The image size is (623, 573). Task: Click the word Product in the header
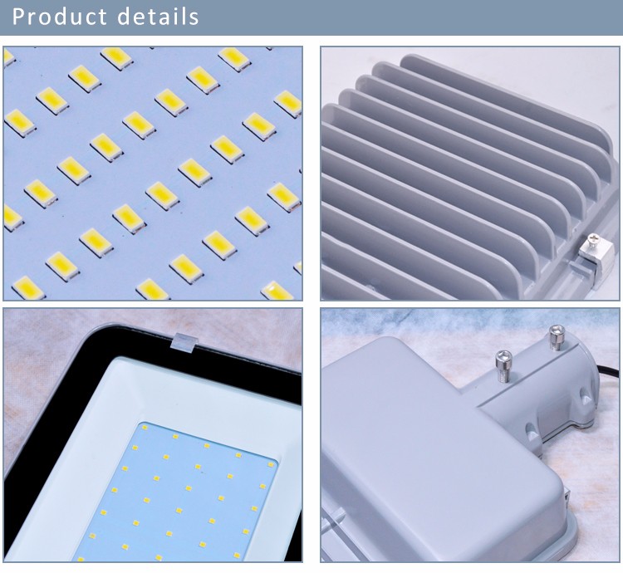60,17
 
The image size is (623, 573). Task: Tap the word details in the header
158,17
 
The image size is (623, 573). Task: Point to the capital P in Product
19,17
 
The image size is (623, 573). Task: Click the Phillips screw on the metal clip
594,238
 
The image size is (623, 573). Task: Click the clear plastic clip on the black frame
184,342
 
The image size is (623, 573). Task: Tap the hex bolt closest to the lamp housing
503,365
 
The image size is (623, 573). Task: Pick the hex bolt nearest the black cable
557,337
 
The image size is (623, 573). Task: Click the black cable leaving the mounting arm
609,372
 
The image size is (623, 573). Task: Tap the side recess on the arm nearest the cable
586,396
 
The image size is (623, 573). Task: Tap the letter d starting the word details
125,17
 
